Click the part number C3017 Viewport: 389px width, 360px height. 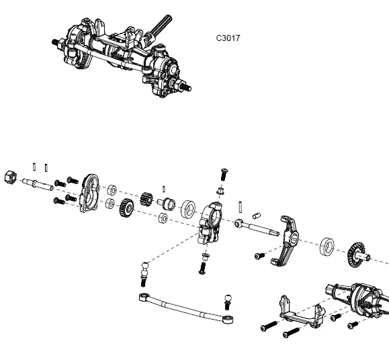pos(229,38)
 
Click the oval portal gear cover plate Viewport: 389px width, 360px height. pos(89,194)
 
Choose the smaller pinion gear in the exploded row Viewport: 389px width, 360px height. pos(146,200)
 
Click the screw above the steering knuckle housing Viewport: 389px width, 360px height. pos(224,173)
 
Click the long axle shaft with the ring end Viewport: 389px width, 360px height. pos(259,228)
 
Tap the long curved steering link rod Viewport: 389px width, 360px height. pos(185,306)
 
